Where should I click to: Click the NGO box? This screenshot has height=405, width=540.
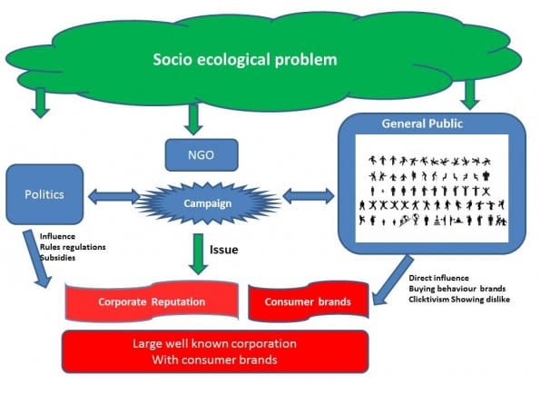[x=201, y=154]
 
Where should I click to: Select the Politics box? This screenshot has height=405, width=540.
[x=44, y=194]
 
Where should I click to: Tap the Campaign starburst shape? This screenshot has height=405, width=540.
[x=207, y=203]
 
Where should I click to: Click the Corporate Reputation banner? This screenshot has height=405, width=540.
[x=152, y=301]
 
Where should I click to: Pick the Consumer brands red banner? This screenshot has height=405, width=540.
[x=309, y=301]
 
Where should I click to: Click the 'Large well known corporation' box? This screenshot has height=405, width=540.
[x=215, y=351]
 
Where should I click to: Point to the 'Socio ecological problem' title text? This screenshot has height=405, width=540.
[x=245, y=59]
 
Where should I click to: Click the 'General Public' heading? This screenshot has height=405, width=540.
[x=422, y=123]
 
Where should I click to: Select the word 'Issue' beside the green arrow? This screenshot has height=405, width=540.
[x=224, y=250]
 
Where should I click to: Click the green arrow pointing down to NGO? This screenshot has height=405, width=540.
[x=193, y=119]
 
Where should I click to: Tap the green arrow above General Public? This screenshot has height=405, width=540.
[x=470, y=94]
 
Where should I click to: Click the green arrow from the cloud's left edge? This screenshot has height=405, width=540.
[x=41, y=103]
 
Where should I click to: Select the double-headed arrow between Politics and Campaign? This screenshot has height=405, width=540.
[x=114, y=196]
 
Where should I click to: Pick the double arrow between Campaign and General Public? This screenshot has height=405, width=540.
[x=309, y=196]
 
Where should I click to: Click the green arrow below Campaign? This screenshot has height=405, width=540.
[x=199, y=254]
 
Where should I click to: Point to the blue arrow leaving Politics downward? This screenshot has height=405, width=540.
[x=37, y=259]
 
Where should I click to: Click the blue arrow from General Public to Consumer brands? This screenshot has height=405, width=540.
[x=393, y=280]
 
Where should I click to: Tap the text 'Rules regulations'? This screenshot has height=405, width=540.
[x=73, y=247]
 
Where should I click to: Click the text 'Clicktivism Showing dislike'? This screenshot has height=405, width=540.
[x=459, y=299]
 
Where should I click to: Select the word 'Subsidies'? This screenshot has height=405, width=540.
[x=57, y=258]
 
